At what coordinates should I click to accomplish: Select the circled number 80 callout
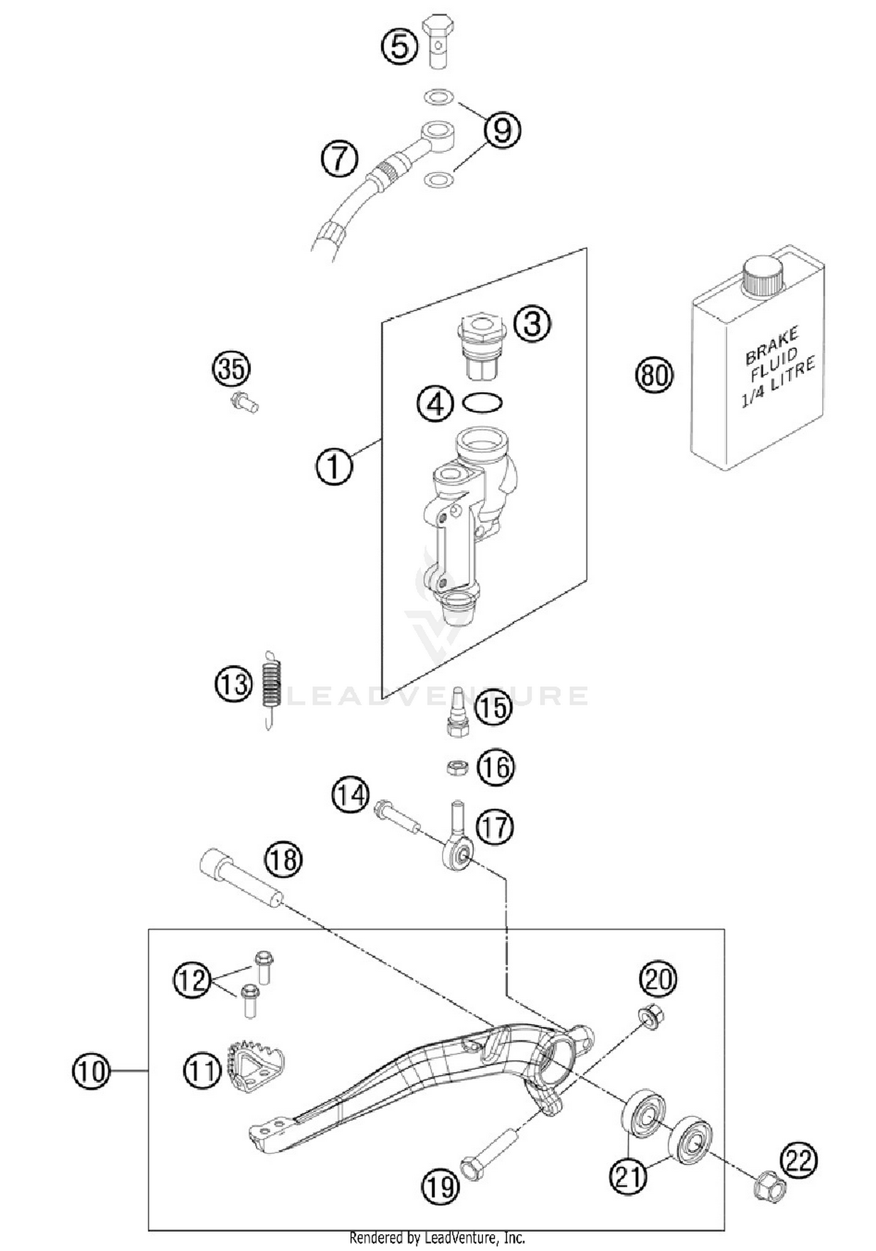653,375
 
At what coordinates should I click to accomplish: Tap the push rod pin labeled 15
457,713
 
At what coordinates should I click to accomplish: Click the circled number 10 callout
91,1070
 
